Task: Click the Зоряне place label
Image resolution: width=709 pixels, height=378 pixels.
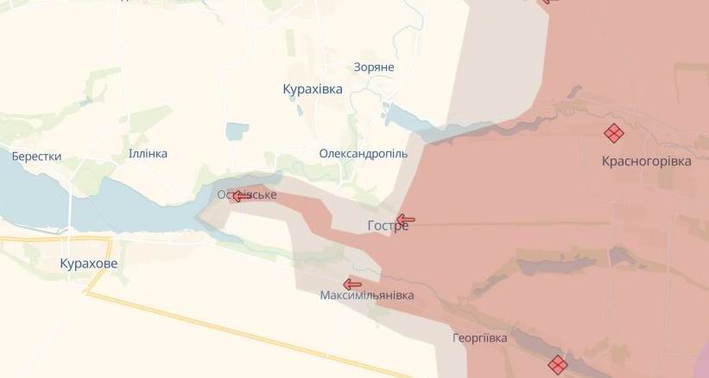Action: tap(374, 67)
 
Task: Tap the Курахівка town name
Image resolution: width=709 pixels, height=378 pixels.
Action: tap(313, 89)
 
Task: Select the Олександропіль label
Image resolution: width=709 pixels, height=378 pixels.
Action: tap(363, 153)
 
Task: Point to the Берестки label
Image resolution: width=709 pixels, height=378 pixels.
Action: tap(36, 157)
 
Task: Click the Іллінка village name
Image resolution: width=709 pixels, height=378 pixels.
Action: tap(148, 153)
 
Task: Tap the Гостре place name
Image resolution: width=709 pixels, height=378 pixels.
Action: tap(388, 227)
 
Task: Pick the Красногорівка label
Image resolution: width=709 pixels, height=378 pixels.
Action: tap(646, 161)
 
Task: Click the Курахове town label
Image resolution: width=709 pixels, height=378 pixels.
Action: tap(89, 263)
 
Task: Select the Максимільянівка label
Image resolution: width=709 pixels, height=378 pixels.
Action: tap(366, 295)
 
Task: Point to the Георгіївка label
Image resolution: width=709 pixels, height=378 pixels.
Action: tap(479, 337)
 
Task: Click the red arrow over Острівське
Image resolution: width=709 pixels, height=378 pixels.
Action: tap(242, 196)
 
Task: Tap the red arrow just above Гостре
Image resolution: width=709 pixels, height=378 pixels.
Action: tap(405, 219)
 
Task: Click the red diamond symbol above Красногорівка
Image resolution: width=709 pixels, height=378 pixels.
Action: tap(613, 133)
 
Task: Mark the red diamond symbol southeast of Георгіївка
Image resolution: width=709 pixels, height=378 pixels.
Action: tap(557, 364)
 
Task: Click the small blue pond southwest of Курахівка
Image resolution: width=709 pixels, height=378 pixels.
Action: tap(237, 131)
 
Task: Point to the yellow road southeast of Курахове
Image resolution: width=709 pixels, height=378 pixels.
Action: tap(216, 328)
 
